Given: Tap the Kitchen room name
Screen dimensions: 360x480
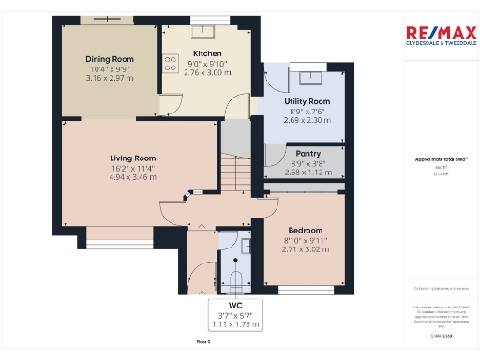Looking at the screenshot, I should (x=206, y=53).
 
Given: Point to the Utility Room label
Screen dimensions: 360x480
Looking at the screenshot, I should (x=307, y=101).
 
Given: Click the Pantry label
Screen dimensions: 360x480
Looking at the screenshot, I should (x=307, y=152).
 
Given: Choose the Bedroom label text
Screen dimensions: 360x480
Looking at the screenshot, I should (x=306, y=231).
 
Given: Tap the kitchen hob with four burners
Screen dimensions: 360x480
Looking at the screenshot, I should (x=171, y=64).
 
